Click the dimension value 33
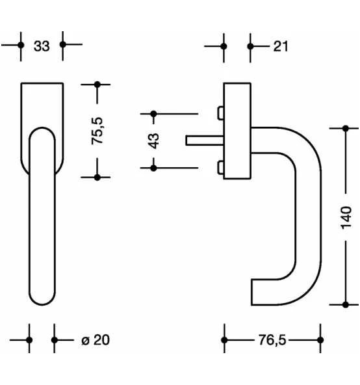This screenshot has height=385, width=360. click(x=42, y=46)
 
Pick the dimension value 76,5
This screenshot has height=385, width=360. click(x=272, y=340)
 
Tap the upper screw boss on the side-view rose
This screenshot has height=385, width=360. click(x=220, y=114)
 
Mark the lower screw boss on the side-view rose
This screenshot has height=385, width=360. click(x=220, y=168)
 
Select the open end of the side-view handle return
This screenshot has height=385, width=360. click(x=253, y=292)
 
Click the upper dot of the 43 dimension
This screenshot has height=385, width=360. click(x=154, y=114)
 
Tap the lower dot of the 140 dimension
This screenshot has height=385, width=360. click(x=345, y=304)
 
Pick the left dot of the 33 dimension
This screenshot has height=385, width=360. click(x=21, y=45)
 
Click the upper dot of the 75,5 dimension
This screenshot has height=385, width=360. click(x=97, y=84)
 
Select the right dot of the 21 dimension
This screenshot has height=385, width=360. click(x=251, y=46)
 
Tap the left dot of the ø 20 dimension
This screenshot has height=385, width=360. click(x=30, y=340)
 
